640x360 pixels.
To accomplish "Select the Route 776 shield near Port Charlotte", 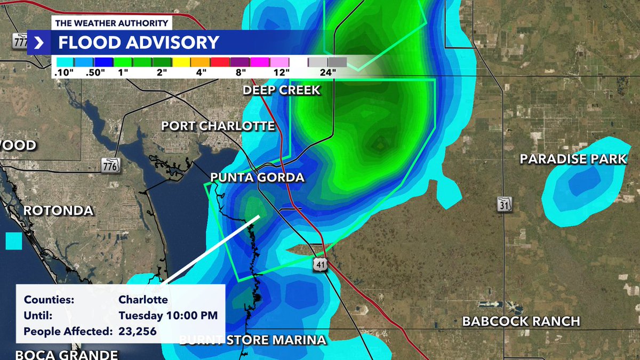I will (x=110, y=165).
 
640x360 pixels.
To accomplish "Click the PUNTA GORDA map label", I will (x=258, y=178).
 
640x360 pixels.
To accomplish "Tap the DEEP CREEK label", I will (x=282, y=90).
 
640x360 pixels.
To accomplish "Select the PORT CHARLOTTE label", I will (x=218, y=126).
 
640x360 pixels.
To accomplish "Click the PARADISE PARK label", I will (x=573, y=159).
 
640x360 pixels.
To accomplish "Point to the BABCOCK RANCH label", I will (x=521, y=321).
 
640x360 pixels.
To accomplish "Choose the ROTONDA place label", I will (x=58, y=211).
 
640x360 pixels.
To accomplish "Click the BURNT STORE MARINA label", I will (x=252, y=340).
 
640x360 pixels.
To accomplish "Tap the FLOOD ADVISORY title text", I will (x=138, y=43).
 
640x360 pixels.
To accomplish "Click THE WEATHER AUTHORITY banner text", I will (x=111, y=23).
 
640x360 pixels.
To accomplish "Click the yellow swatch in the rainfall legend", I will (x=181, y=62).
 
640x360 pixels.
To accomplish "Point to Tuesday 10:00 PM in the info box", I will (x=168, y=315).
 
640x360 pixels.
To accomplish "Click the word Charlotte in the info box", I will (x=143, y=299).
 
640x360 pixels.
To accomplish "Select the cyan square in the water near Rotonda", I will (x=14, y=241).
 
